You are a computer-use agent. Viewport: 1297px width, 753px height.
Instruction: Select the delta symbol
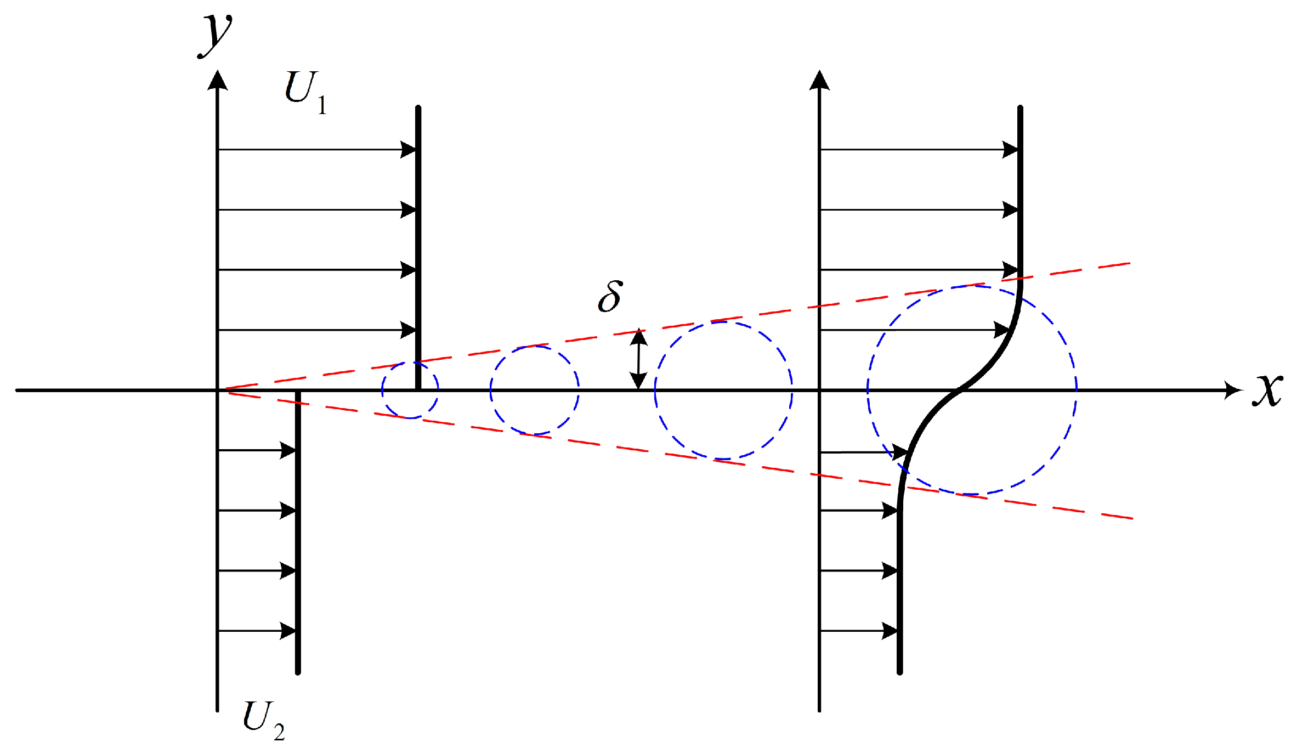tap(610, 296)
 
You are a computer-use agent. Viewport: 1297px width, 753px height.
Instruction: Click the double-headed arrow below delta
tap(638, 359)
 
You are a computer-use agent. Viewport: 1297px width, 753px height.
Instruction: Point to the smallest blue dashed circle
tap(410, 390)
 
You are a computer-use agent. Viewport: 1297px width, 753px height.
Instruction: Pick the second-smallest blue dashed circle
tap(535, 390)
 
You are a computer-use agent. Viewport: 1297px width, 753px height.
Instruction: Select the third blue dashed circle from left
tap(723, 390)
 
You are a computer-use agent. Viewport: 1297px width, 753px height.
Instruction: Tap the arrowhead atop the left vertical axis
tap(218, 80)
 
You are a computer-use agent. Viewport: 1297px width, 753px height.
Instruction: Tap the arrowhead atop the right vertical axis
tap(819, 80)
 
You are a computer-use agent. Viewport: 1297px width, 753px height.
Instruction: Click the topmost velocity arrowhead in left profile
tap(408, 149)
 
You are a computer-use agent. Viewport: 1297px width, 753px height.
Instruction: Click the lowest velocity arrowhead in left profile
tap(288, 631)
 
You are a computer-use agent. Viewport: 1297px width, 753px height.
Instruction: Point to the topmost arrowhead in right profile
tap(1010, 149)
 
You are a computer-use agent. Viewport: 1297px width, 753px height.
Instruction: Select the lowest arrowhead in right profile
tap(890, 631)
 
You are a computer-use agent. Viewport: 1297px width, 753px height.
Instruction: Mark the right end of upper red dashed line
tap(1130, 264)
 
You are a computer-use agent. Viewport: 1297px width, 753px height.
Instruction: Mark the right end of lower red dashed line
tap(1132, 518)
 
